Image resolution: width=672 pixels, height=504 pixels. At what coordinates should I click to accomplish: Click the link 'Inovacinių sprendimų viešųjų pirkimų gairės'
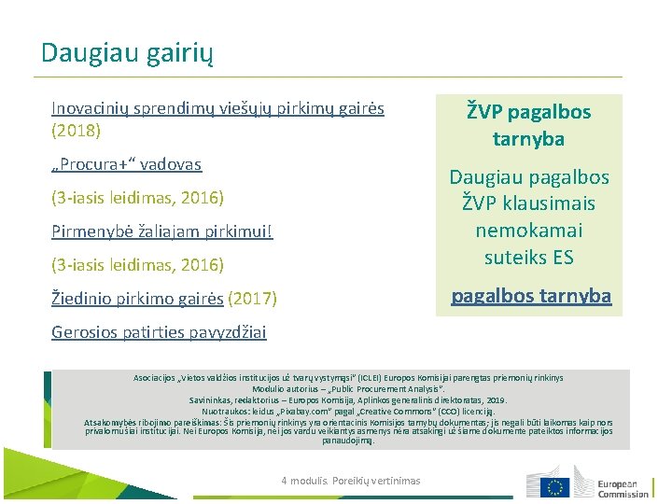click(217, 108)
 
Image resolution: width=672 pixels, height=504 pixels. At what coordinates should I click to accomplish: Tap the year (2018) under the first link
click(77, 130)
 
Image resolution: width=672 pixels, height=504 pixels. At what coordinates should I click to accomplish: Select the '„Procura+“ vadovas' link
click(127, 164)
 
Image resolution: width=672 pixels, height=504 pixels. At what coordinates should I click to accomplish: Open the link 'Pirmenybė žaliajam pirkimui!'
click(162, 231)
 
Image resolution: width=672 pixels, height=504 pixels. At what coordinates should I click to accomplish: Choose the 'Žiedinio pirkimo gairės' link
click(137, 299)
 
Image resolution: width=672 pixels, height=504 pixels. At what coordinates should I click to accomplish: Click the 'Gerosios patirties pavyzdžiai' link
click(159, 332)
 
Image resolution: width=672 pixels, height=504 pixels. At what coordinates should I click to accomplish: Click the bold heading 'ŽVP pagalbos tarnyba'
click(528, 125)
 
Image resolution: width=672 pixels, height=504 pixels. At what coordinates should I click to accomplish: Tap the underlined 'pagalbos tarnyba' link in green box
click(531, 296)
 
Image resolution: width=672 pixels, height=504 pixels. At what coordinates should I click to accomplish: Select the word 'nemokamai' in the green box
click(528, 230)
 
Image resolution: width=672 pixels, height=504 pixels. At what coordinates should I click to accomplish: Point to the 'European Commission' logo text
click(623, 488)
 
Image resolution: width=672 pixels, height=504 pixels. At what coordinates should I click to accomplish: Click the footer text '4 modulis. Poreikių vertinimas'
click(351, 481)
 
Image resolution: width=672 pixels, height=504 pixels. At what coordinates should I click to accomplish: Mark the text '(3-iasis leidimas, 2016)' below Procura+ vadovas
click(137, 198)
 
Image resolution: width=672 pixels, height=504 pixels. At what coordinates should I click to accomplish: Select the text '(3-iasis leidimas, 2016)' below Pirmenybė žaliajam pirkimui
click(137, 265)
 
